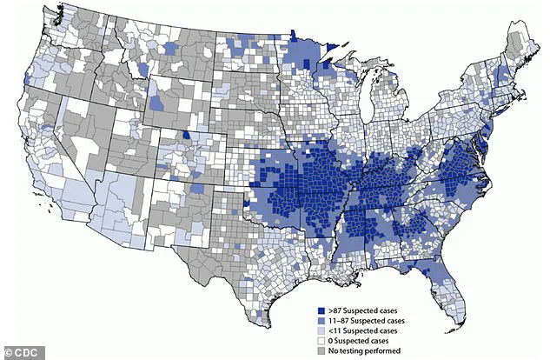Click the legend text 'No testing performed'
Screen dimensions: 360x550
coord(362,351)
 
